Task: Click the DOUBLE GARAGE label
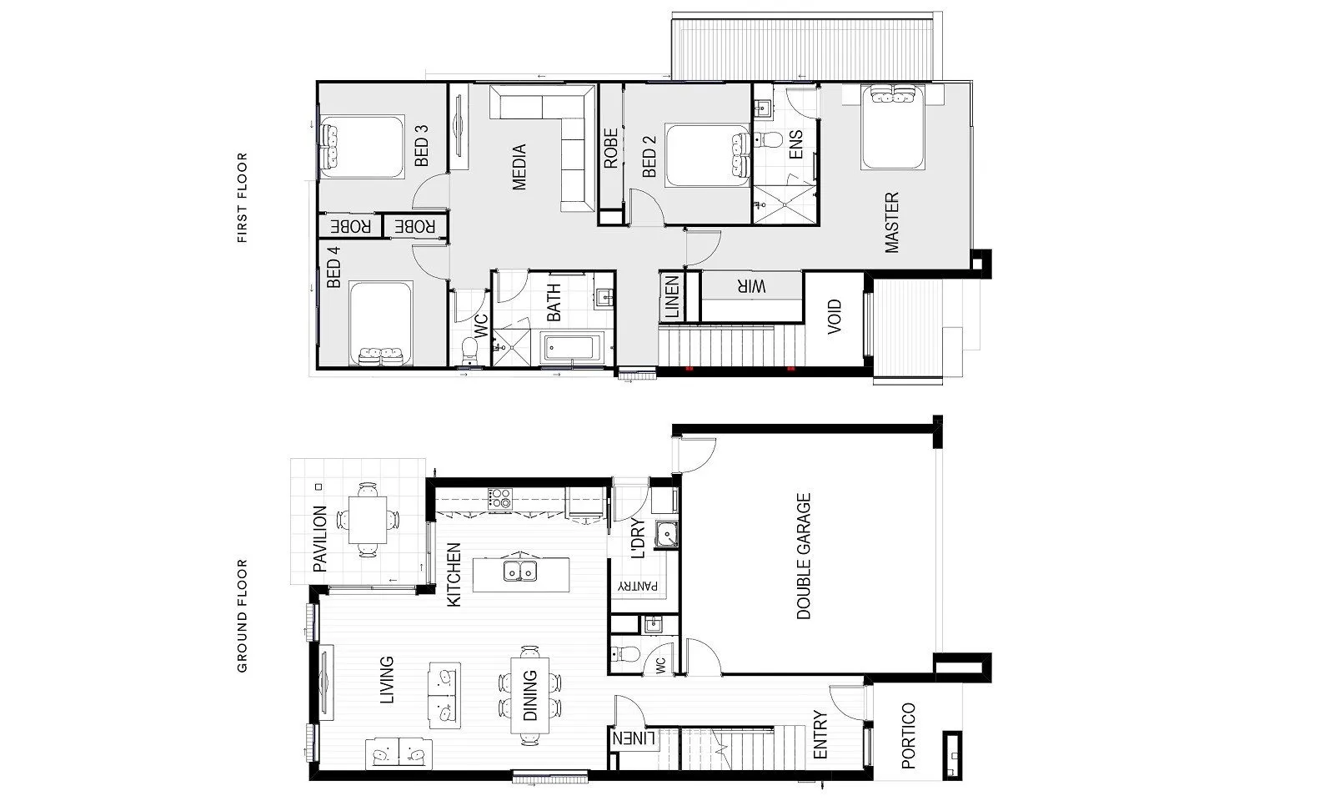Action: [804, 556]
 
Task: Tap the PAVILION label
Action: [320, 539]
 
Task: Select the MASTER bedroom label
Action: [891, 222]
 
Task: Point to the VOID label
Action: [835, 316]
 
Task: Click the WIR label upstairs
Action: [751, 287]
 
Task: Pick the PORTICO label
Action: [908, 735]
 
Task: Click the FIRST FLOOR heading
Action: [242, 197]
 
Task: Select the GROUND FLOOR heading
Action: [242, 616]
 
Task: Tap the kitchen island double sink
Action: [520, 571]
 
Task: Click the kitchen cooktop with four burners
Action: [499, 500]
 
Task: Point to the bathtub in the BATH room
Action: [572, 347]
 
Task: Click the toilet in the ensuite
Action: [768, 141]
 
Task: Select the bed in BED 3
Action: [362, 147]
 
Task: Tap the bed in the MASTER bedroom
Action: [892, 128]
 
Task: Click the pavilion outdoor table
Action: [368, 519]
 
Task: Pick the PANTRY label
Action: [638, 586]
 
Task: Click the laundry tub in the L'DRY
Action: [666, 533]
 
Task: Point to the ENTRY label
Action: [820, 735]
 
